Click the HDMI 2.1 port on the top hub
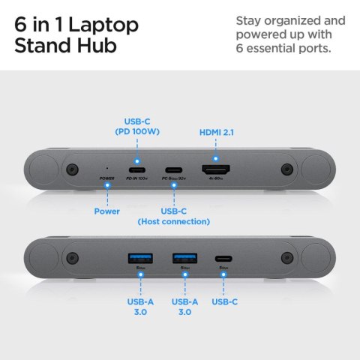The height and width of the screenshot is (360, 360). (x=215, y=169)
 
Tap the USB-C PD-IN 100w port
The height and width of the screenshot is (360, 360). (x=136, y=169)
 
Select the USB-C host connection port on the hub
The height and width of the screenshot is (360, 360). (x=174, y=169)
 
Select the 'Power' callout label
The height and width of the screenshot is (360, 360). (x=107, y=211)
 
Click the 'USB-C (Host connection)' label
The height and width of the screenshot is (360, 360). (x=174, y=216)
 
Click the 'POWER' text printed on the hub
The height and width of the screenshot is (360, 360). (x=107, y=178)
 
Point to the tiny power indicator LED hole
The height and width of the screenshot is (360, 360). (x=107, y=168)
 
